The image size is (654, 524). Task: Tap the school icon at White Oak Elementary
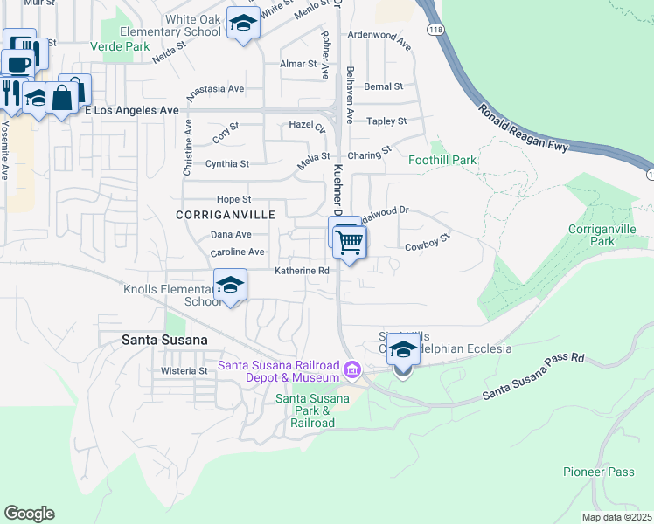[243, 24]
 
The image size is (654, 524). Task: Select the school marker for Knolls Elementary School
[231, 286]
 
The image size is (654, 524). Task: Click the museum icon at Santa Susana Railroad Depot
[352, 371]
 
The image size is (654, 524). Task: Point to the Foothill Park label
[442, 160]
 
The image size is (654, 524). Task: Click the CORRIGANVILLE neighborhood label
[226, 214]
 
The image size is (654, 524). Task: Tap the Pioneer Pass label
[599, 472]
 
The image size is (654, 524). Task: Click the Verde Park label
[114, 46]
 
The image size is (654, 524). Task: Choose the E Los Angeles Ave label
[136, 110]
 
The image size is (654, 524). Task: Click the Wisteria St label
[184, 370]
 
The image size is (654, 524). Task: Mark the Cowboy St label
[427, 243]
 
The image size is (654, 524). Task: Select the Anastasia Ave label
[212, 88]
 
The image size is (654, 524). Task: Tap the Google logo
[29, 514]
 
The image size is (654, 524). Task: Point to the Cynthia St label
[226, 163]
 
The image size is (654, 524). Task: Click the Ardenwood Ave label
[379, 41]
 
